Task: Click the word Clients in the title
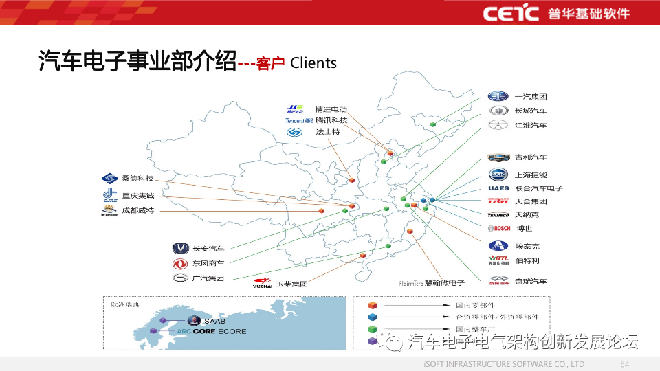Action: pos(313,63)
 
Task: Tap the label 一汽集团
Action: pos(531,97)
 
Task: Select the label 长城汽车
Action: pos(531,111)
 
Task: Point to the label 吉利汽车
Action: pos(531,157)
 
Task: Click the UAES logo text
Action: pos(498,188)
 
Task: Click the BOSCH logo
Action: pos(499,228)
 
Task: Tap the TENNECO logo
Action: pos(498,215)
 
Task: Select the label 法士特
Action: pos(328,132)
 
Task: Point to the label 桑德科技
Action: pos(137,178)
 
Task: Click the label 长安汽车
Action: pos(208,248)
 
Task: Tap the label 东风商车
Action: pos(208,263)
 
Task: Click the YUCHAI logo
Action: pos(263,282)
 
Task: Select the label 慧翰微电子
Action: pos(444,283)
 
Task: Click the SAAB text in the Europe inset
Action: pos(214,321)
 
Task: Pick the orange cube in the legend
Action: pos(372,305)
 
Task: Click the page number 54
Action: pos(625,363)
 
